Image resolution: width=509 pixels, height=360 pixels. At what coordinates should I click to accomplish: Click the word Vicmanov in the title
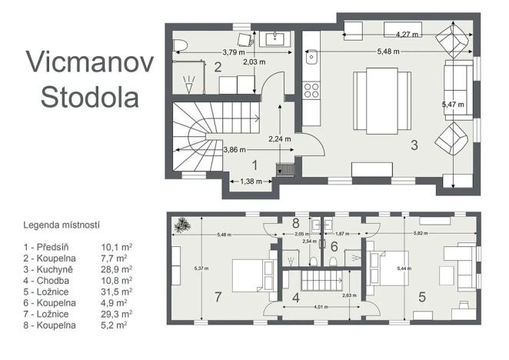84,62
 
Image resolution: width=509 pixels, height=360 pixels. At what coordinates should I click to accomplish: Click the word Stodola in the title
90,96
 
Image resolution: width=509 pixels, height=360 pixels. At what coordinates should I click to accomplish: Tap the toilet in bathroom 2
179,43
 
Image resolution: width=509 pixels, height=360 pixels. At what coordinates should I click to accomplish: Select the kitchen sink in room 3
312,56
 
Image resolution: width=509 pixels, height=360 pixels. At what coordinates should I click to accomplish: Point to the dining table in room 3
374,98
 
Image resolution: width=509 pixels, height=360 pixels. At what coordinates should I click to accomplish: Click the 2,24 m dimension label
280,140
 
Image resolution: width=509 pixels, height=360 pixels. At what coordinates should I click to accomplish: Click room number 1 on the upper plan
255,165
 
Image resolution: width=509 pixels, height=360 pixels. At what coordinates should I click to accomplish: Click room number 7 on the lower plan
218,296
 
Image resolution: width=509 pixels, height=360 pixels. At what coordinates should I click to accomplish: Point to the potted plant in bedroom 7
182,225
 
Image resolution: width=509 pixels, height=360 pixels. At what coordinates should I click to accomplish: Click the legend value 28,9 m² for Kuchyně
116,270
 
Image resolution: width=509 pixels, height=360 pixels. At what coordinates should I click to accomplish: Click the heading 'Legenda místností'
62,226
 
